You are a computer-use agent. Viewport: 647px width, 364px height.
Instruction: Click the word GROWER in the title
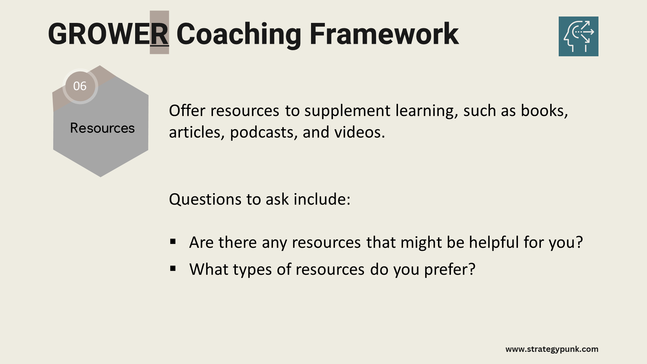click(x=108, y=34)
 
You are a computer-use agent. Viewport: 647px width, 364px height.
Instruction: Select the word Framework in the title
click(x=384, y=33)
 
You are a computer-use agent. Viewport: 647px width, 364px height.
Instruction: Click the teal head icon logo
click(x=578, y=36)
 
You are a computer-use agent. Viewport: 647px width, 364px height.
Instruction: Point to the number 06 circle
click(x=80, y=86)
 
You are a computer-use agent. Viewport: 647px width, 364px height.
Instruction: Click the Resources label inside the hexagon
click(x=102, y=128)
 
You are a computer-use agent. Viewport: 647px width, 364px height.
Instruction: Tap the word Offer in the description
click(x=187, y=111)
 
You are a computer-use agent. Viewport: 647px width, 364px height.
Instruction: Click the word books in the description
click(x=545, y=111)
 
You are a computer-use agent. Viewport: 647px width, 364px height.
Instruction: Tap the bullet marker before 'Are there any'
click(x=173, y=241)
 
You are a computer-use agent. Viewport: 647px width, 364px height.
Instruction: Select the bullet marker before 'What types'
click(x=173, y=268)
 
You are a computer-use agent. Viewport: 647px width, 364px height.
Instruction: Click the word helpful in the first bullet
click(x=494, y=243)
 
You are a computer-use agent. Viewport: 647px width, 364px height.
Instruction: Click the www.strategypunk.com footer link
click(x=552, y=349)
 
